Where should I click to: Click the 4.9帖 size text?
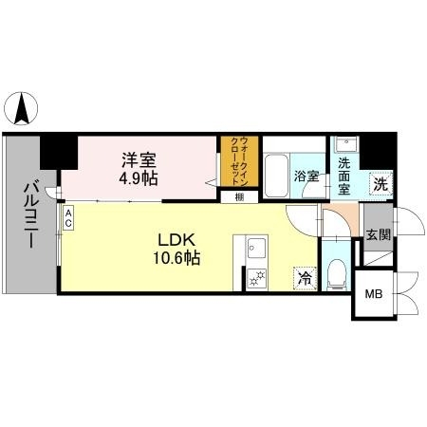[x=139, y=177]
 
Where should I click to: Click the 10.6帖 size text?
[x=175, y=256]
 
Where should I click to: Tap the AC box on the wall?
[x=68, y=218]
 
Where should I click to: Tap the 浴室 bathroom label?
[x=306, y=176]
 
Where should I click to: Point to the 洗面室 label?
[x=344, y=176]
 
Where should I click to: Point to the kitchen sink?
[x=255, y=251]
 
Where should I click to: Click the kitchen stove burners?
[x=255, y=277]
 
